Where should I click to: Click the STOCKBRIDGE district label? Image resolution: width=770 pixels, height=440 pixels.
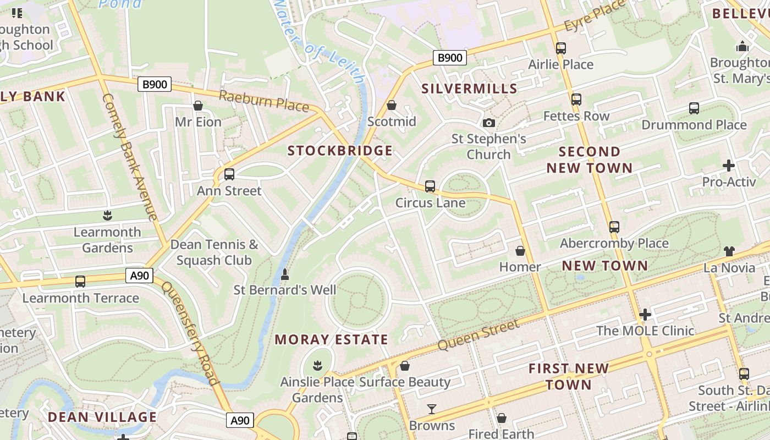click(340, 151)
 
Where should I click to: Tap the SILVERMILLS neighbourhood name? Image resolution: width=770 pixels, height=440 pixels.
click(469, 89)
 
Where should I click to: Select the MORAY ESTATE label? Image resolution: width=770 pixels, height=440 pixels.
click(331, 339)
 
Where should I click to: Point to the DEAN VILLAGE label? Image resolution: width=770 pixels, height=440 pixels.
click(102, 417)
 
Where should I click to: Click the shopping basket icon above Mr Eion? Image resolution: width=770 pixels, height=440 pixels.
click(198, 106)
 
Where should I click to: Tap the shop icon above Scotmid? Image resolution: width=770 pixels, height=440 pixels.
click(392, 105)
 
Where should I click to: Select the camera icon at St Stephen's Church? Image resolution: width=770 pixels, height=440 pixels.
click(488, 123)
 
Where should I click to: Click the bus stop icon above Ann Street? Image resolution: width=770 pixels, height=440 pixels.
click(229, 174)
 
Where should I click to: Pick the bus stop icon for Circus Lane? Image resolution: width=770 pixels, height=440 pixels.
click(430, 186)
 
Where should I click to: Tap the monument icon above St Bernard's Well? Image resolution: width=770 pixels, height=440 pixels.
click(285, 273)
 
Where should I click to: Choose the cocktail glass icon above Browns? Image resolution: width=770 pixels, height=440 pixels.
click(432, 409)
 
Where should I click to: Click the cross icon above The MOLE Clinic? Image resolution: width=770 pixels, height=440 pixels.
click(645, 315)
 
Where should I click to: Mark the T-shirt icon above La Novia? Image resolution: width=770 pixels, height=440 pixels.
click(729, 251)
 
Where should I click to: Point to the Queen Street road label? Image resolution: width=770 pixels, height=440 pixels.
click(479, 335)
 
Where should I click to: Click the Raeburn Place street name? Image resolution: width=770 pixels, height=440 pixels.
click(264, 101)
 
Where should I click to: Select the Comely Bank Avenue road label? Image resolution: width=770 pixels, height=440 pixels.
click(130, 157)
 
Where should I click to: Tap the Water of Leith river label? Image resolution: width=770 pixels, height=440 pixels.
click(320, 41)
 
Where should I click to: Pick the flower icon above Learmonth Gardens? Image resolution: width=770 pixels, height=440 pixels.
click(108, 216)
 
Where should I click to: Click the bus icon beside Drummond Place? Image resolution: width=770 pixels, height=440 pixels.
click(694, 108)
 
